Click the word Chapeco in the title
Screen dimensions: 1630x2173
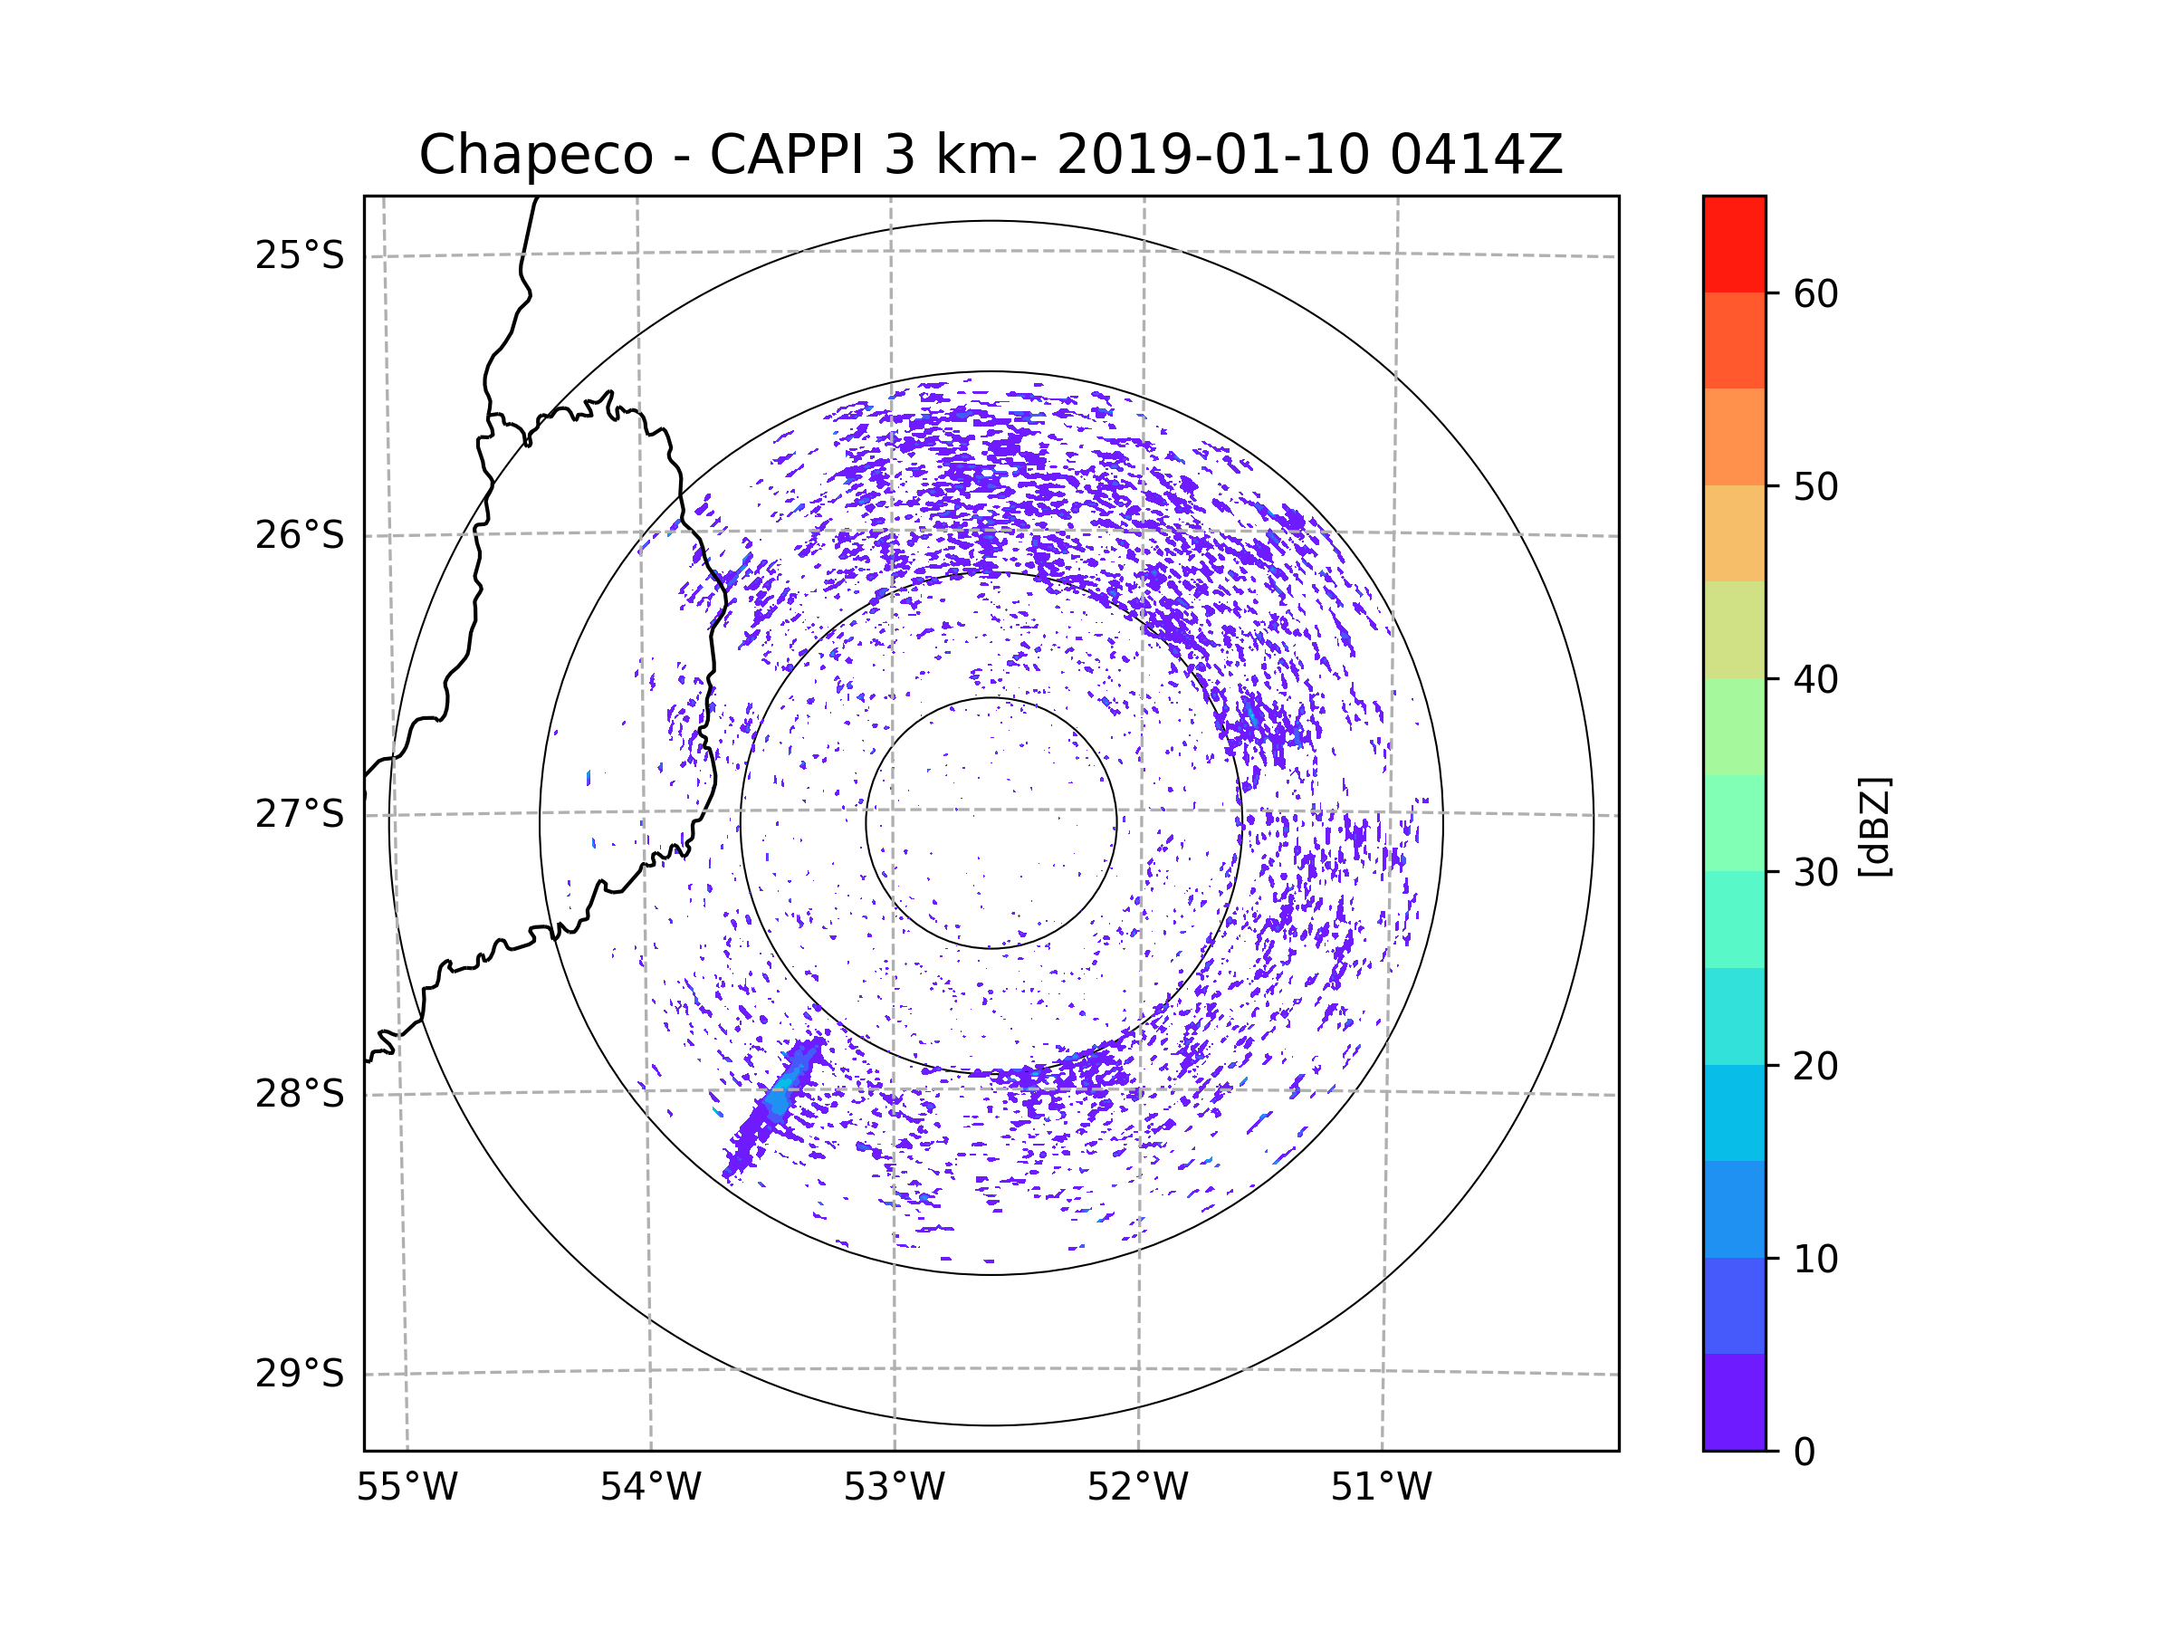click(535, 155)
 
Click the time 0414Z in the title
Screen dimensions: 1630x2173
click(1476, 155)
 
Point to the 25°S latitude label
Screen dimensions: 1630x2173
click(300, 255)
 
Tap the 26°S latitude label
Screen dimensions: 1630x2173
click(300, 535)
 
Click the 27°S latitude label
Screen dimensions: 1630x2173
click(300, 814)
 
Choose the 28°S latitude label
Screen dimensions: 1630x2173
click(300, 1094)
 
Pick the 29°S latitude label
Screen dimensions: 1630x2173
click(300, 1374)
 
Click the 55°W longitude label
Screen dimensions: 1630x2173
click(407, 1488)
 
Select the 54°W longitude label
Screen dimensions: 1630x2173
click(650, 1488)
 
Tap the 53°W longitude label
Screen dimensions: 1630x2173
click(894, 1488)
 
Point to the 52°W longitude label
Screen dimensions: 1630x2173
click(1137, 1488)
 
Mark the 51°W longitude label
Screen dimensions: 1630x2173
click(1381, 1488)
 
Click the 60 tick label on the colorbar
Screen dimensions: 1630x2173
click(1815, 293)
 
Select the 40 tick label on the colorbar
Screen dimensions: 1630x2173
click(1815, 680)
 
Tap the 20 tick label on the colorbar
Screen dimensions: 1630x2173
click(1815, 1066)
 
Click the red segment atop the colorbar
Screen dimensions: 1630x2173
click(1734, 244)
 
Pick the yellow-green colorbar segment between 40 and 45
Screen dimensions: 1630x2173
click(1734, 629)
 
